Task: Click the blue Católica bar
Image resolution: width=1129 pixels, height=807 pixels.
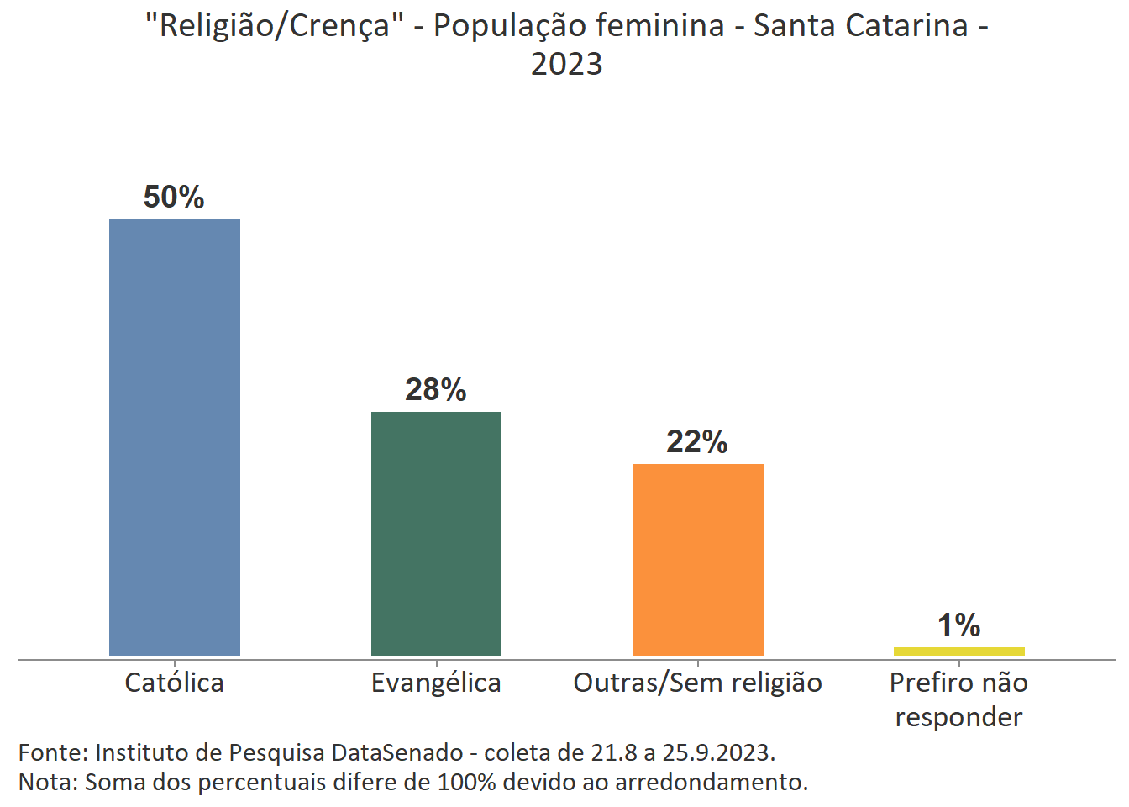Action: tap(175, 437)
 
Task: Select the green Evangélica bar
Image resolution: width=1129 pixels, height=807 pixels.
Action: tap(436, 533)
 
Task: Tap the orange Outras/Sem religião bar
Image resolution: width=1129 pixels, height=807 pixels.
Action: tap(697, 559)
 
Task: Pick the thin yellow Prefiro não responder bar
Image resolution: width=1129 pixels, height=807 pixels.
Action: tap(958, 651)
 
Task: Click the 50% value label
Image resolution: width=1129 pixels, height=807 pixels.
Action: tap(174, 198)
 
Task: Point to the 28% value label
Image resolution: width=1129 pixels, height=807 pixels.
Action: tap(435, 390)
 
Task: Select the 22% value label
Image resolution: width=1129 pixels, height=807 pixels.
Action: tap(696, 442)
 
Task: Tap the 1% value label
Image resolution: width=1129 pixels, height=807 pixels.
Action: tap(958, 625)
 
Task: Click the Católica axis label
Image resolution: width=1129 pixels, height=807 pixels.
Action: tap(174, 683)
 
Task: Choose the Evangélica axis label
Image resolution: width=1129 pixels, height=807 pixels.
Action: tap(436, 683)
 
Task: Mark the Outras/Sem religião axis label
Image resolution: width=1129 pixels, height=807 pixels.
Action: tap(697, 683)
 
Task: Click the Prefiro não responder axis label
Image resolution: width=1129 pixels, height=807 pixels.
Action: tap(958, 699)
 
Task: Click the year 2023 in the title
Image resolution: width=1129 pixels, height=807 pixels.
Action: tap(566, 64)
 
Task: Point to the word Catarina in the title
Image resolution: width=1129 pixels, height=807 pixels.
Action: tap(907, 26)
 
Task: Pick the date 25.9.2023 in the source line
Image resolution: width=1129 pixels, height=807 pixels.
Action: tap(718, 752)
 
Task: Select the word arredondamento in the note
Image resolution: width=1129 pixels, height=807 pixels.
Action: tap(711, 783)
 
